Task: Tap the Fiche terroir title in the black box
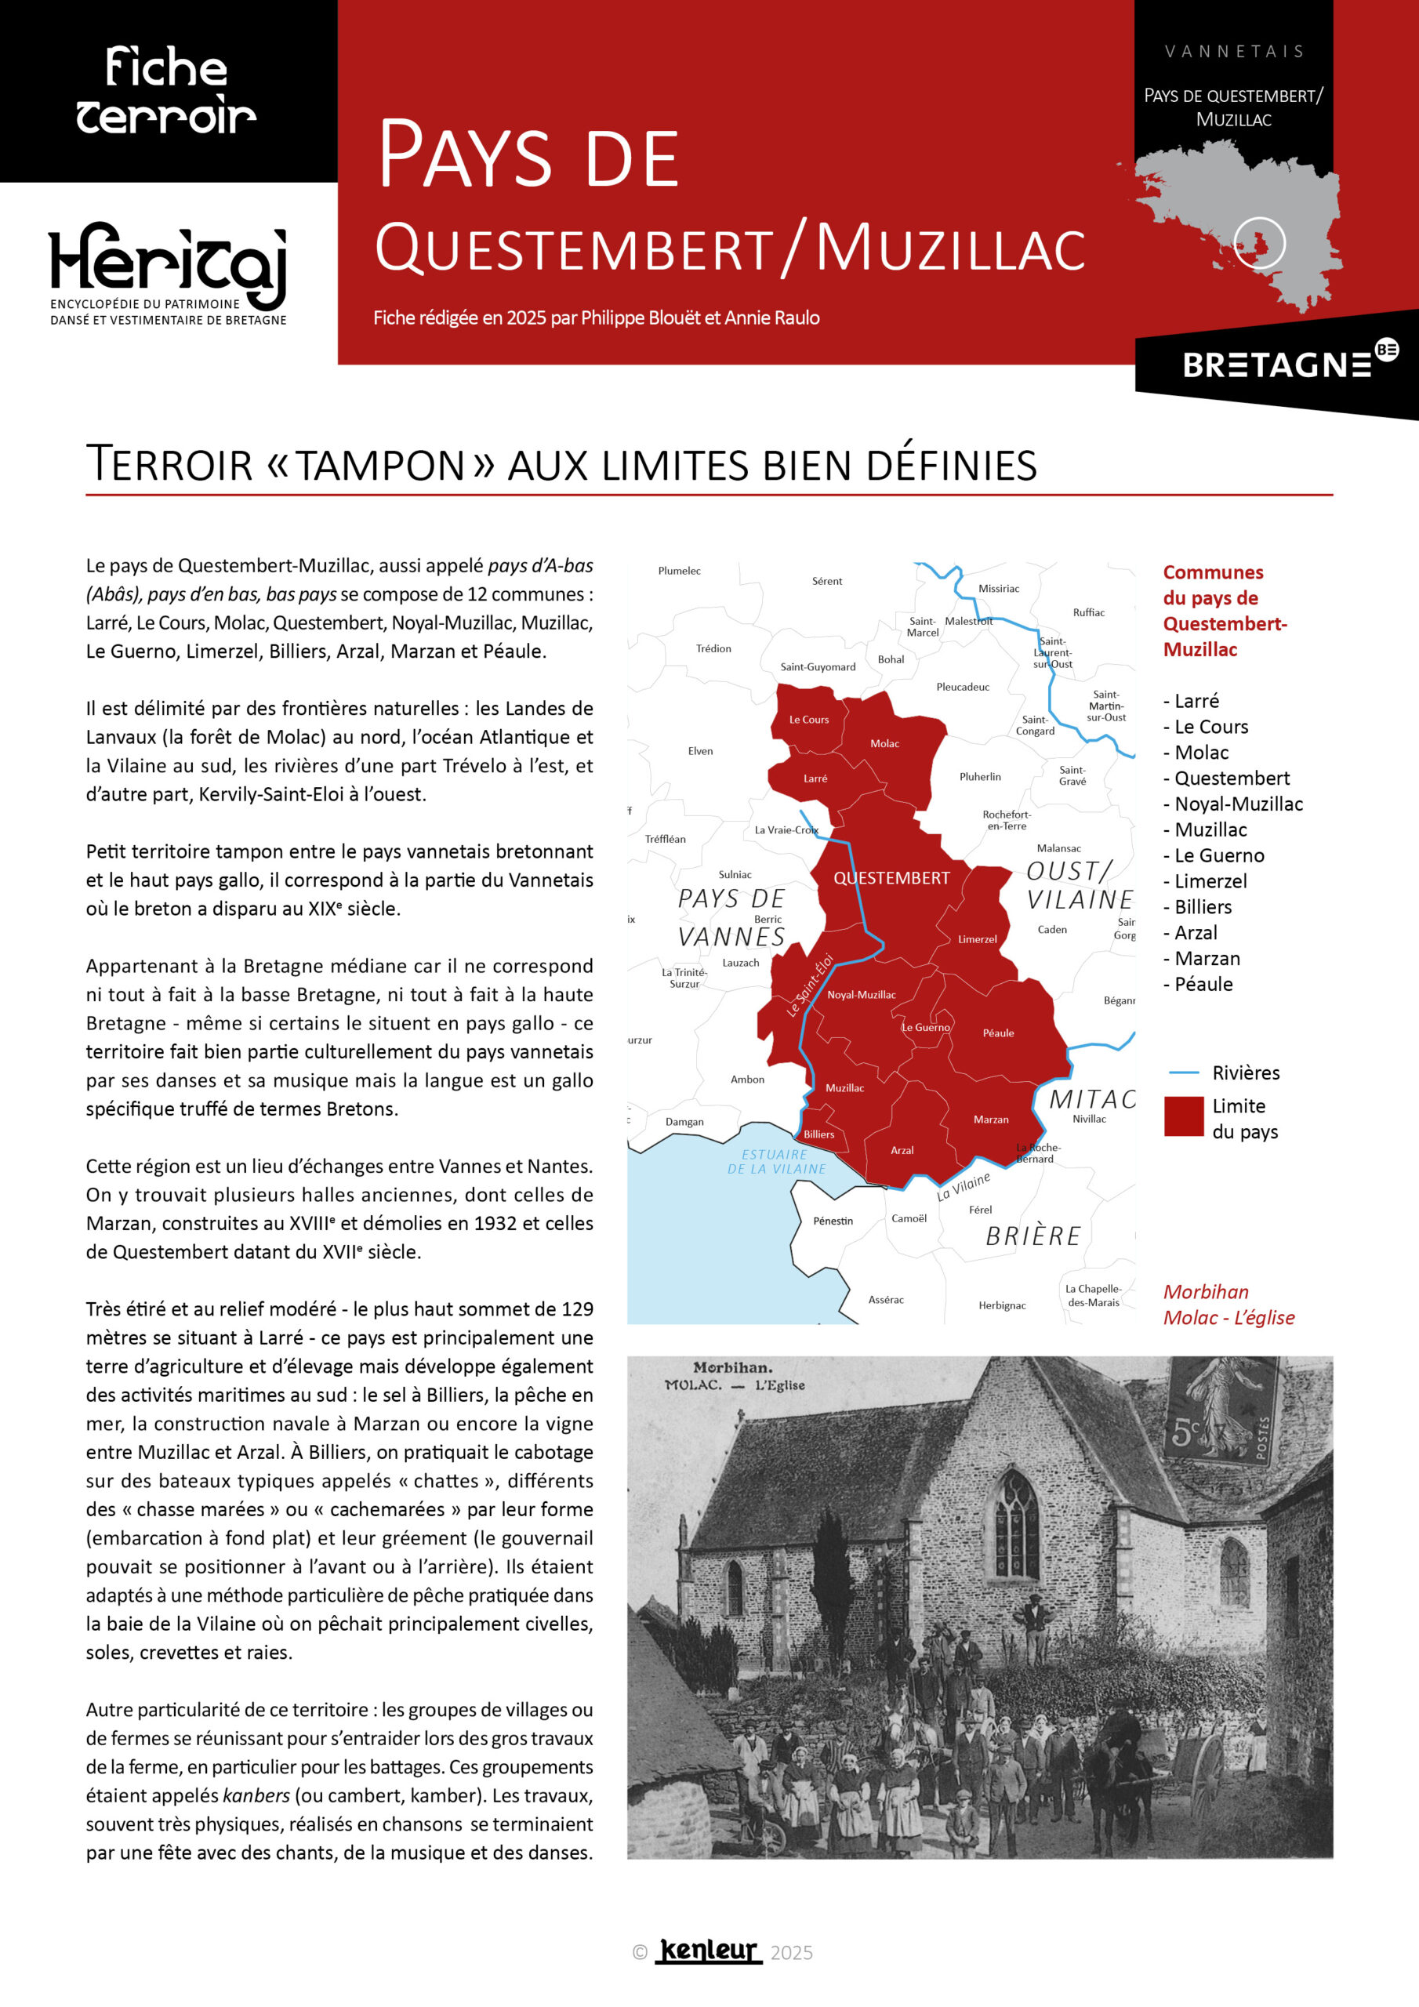click(166, 92)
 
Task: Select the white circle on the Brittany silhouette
click(1259, 242)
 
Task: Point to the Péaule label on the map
click(997, 1033)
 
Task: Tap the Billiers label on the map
click(818, 1134)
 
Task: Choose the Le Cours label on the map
click(809, 720)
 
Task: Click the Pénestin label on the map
click(833, 1221)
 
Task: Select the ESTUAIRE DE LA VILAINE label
click(775, 1161)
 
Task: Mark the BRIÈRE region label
click(1033, 1236)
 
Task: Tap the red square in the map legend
click(1184, 1116)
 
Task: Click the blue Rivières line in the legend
click(1184, 1072)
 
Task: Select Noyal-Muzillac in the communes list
click(1238, 804)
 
